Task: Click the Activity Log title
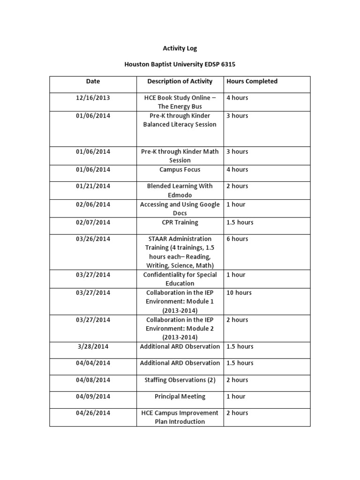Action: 180,48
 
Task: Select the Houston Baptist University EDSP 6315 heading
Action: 180,64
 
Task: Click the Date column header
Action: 93,81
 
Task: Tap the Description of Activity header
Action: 180,81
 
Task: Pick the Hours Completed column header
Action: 252,81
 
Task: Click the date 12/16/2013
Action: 93,97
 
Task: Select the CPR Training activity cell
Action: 180,222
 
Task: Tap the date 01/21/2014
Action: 93,186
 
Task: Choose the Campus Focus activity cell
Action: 180,169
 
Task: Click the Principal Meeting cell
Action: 180,396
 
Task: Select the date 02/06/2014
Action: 93,204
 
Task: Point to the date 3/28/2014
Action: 93,346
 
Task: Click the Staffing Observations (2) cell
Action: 180,380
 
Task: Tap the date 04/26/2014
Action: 93,413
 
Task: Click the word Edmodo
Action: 180,195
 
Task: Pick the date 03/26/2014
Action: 93,239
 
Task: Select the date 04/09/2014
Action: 93,396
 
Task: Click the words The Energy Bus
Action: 180,106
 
